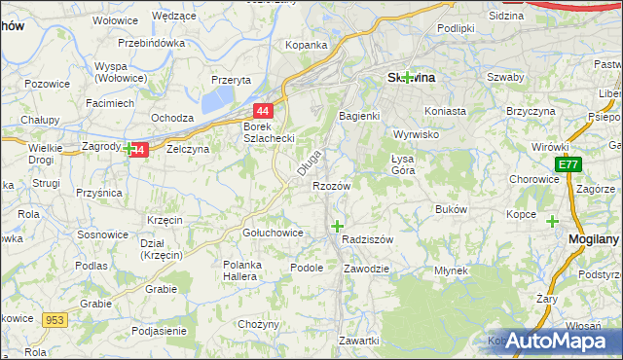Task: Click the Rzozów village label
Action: (x=330, y=185)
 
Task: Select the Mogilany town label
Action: (x=592, y=238)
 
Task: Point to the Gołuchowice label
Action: (x=272, y=234)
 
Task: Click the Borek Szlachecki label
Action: (x=269, y=132)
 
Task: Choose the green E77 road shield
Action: (x=568, y=165)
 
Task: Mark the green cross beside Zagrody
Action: (x=128, y=149)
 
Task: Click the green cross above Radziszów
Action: (x=337, y=226)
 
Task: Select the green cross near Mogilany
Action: (x=553, y=221)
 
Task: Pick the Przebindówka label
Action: (x=151, y=43)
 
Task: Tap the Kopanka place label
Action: (x=305, y=45)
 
